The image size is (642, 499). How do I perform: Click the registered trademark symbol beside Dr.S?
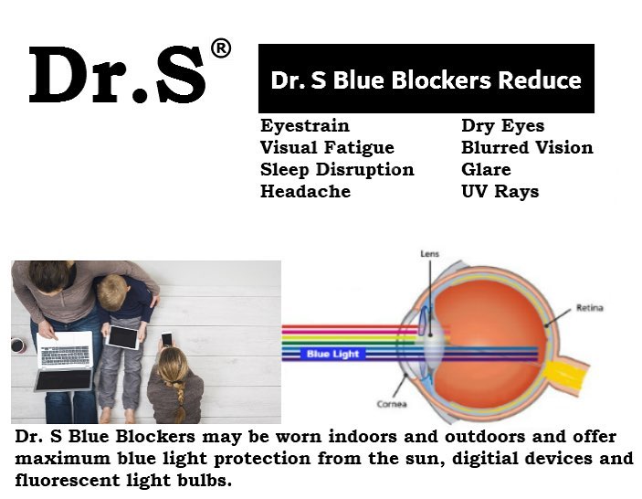coord(221,48)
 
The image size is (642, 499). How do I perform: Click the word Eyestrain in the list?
coord(305,126)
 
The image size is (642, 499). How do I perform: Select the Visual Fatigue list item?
coord(327,148)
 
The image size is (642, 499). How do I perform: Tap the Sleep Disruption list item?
coord(337,170)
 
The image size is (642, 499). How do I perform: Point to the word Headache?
coord(305,191)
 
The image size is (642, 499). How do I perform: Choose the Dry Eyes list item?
coord(503,126)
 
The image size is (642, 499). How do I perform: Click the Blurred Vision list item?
coord(527,147)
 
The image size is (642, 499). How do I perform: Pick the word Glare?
coord(486,170)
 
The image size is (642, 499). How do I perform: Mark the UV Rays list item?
coord(500,192)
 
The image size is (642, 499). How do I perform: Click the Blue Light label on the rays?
coord(332,354)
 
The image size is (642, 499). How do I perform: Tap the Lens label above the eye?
coord(429,254)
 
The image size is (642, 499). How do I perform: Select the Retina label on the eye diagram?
coord(590,308)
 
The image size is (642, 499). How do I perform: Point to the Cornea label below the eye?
coord(392,404)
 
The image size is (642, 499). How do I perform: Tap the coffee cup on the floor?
coord(18,345)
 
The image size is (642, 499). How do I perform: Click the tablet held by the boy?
coord(122,337)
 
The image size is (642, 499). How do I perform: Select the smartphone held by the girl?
coord(166,339)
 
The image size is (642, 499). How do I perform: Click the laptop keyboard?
coord(65,356)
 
